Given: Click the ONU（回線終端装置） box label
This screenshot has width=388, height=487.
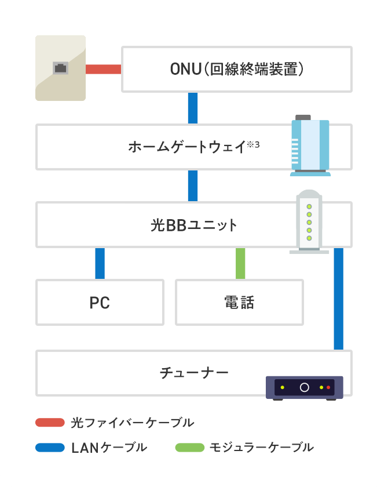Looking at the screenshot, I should click(x=237, y=70).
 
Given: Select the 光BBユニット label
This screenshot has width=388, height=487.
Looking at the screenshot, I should click(x=194, y=225).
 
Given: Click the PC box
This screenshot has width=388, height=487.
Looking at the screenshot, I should click(x=100, y=303).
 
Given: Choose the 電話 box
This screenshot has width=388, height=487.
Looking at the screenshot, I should click(x=239, y=303).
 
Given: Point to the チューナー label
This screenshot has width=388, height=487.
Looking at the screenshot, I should click(x=194, y=372).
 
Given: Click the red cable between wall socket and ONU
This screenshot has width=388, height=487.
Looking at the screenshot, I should click(x=103, y=70).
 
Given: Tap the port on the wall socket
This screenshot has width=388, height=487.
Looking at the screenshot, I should click(x=60, y=68).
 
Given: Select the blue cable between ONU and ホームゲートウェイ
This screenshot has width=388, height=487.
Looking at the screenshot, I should click(x=193, y=108).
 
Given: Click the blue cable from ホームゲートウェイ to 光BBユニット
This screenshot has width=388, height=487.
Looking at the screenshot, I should click(x=193, y=186).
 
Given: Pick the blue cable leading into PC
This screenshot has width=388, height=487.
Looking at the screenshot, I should click(x=100, y=264).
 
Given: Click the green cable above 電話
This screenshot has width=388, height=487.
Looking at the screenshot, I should click(x=240, y=264).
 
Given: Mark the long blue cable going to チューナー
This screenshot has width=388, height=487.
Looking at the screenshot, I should click(x=339, y=299).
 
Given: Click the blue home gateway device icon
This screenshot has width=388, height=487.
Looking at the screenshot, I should click(x=310, y=146).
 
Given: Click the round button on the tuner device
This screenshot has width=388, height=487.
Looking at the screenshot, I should click(x=304, y=387).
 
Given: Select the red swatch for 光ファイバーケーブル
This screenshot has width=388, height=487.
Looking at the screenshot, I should click(x=50, y=422).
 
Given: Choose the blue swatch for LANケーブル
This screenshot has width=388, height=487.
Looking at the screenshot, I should click(x=50, y=448).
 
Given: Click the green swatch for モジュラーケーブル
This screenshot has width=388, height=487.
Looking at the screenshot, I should click(x=189, y=448).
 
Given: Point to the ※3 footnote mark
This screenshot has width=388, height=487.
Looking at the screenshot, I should click(x=253, y=143).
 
